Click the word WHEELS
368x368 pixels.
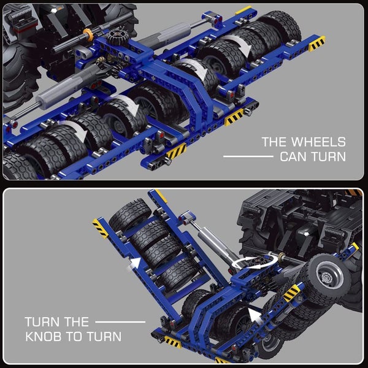[318, 142]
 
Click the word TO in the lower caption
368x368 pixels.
[75, 337]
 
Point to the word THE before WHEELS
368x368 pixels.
[275, 142]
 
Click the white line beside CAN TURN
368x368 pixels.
[248, 156]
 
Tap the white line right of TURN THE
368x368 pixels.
[120, 322]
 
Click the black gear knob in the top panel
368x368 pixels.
[117, 37]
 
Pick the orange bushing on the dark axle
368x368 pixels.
[88, 34]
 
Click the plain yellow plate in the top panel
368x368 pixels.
[243, 10]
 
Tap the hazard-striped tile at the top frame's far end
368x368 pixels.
[317, 44]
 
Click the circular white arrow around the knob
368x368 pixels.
[254, 263]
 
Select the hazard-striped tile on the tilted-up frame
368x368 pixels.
[100, 228]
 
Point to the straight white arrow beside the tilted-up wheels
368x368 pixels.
[135, 263]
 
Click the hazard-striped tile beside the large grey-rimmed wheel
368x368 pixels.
[292, 293]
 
